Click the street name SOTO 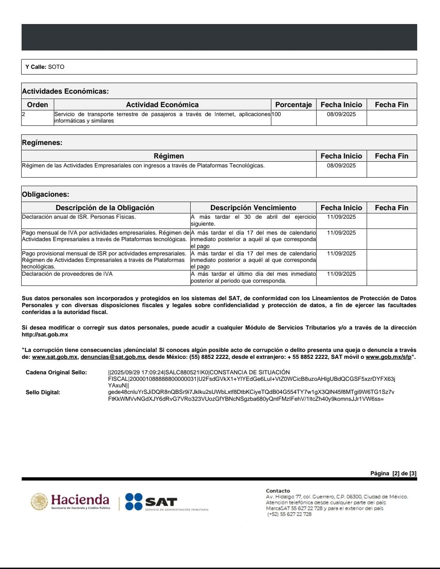56,67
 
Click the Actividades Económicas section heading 65,91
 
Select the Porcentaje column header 293,105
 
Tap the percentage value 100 276,114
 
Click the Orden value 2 23,114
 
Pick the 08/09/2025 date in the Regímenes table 341,166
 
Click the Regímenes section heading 42,143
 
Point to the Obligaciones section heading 45,194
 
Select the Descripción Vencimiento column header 253,208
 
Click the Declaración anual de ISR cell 79,217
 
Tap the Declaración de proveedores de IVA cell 67,274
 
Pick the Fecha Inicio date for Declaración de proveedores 341,274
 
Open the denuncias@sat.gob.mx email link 113,357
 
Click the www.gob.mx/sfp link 388,357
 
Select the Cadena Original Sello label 56,372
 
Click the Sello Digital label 43,392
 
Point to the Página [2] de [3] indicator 393,473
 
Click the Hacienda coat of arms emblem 39,501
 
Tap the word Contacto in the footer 278,491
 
